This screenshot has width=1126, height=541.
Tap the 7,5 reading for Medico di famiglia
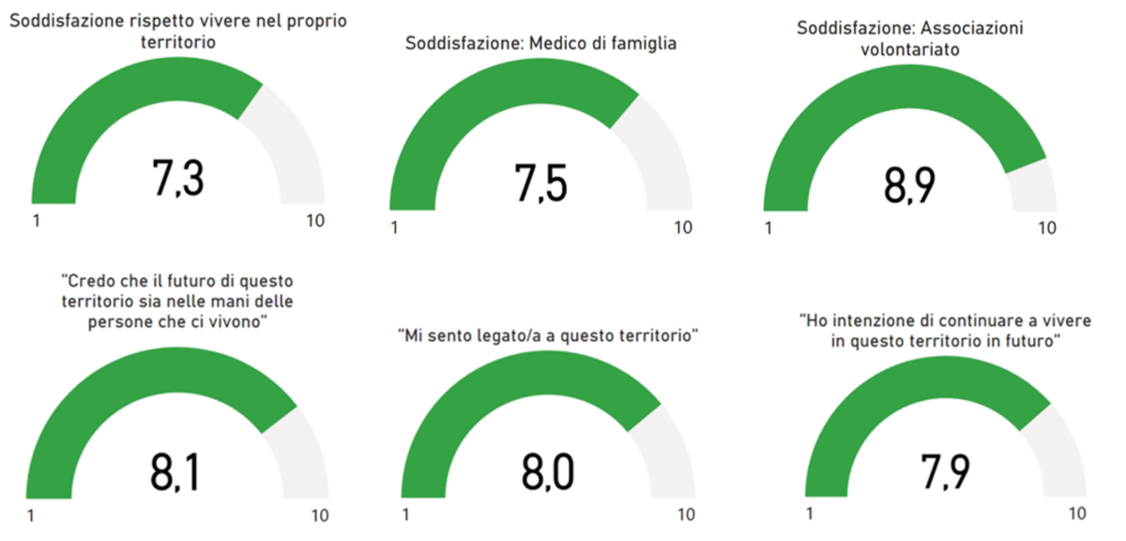tap(540, 182)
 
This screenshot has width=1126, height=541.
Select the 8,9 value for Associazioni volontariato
tap(909, 186)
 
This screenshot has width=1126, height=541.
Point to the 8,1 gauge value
tap(175, 472)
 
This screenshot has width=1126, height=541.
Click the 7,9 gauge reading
tap(945, 471)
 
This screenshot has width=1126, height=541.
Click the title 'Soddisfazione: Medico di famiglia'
tap(540, 43)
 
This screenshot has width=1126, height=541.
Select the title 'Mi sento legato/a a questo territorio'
tap(550, 334)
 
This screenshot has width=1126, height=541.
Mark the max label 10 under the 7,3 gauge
tap(316, 221)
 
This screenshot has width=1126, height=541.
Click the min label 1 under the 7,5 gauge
tap(393, 227)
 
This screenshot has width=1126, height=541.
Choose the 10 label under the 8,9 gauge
tap(1046, 227)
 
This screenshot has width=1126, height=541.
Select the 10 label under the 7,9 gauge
tap(1076, 514)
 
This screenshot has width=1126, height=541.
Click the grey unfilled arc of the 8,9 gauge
tap(1032, 184)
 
